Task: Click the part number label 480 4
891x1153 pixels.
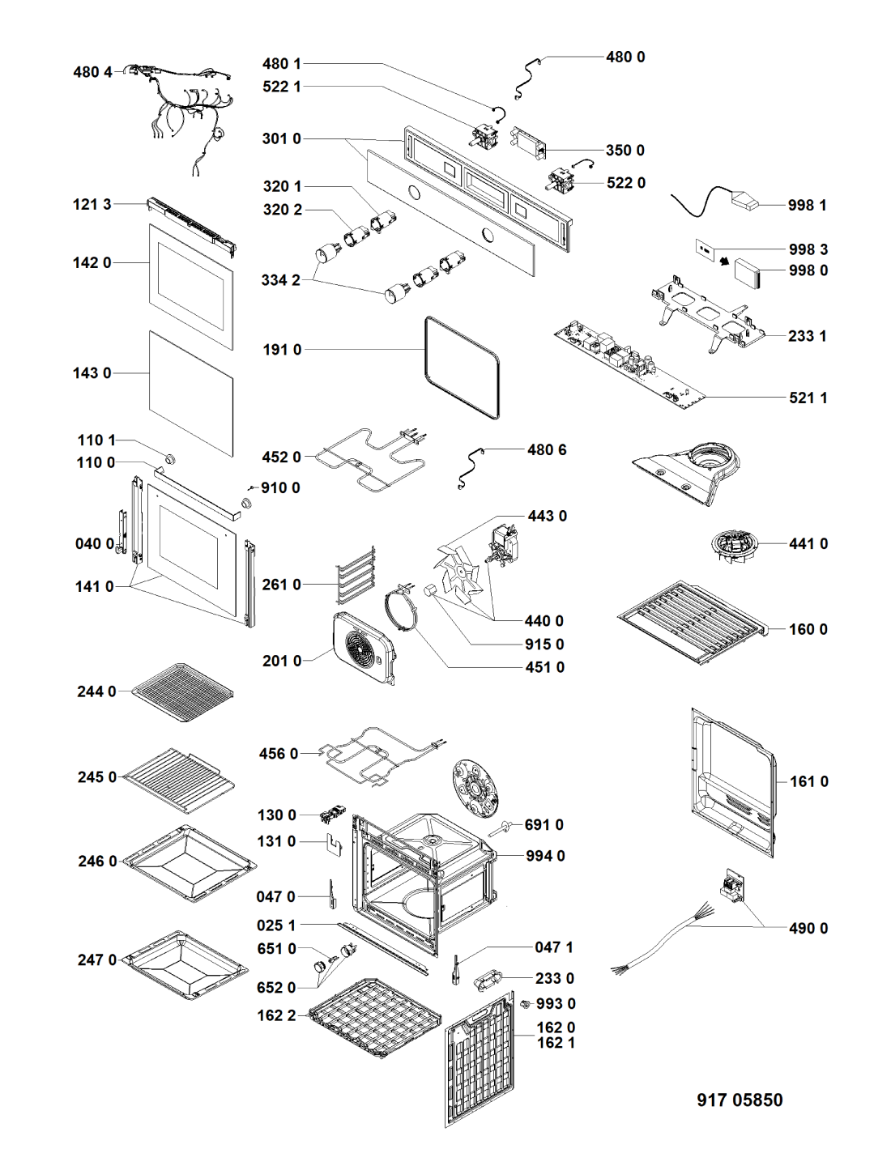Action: (92, 72)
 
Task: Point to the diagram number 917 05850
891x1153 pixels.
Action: (740, 1100)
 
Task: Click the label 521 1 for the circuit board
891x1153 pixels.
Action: (808, 398)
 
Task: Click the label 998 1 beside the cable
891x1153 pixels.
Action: (807, 206)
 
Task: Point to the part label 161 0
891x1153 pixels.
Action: (808, 781)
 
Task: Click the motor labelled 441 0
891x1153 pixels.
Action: (732, 547)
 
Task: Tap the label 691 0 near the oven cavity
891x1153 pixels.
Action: (544, 825)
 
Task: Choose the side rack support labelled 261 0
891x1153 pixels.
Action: (356, 575)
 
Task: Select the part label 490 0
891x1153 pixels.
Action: (808, 929)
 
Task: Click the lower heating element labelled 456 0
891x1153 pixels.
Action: (377, 753)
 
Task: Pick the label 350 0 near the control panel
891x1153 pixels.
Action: (625, 151)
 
